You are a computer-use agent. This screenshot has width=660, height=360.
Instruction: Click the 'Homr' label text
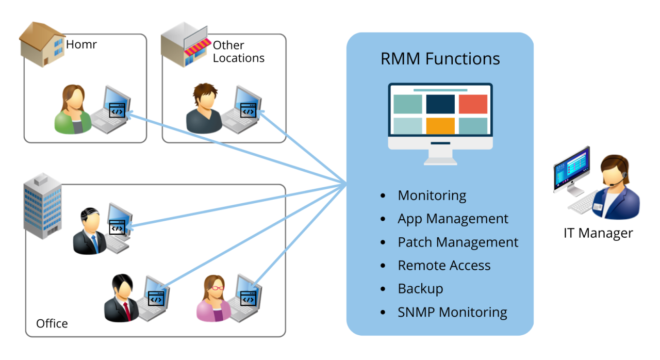[x=81, y=45]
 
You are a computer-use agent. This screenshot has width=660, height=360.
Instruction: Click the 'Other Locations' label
[x=238, y=52]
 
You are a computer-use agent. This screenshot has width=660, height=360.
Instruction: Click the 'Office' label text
[x=52, y=323]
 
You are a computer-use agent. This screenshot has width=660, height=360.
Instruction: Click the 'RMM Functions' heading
[x=440, y=59]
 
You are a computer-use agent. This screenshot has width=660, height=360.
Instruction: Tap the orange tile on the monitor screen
[x=440, y=126]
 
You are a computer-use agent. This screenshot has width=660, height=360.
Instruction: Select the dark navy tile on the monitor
[x=440, y=104]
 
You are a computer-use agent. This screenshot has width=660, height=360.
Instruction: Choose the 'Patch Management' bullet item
[x=457, y=242]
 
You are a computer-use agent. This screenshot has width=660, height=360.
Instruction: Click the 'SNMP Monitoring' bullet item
[x=452, y=312]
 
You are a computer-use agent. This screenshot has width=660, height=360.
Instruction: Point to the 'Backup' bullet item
[x=420, y=288]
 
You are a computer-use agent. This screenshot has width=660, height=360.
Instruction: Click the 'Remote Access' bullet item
[x=444, y=265]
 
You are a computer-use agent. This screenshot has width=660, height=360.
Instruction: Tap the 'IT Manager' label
[x=598, y=233]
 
